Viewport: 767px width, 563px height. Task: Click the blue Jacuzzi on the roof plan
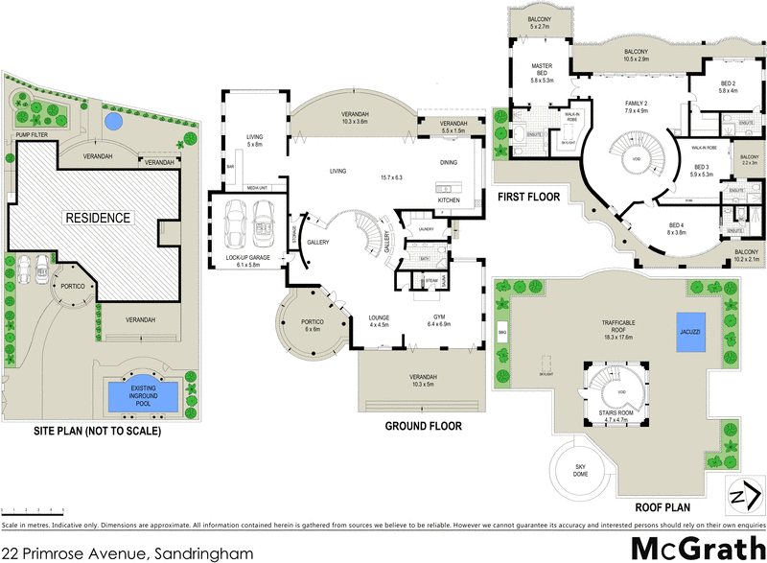pyautogui.click(x=690, y=331)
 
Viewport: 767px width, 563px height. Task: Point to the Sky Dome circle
pyautogui.click(x=575, y=470)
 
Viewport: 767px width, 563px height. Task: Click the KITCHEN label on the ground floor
pyautogui.click(x=451, y=199)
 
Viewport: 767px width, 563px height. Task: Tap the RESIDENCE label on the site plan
pyautogui.click(x=97, y=218)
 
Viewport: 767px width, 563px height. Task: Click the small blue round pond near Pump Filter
pyautogui.click(x=114, y=122)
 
